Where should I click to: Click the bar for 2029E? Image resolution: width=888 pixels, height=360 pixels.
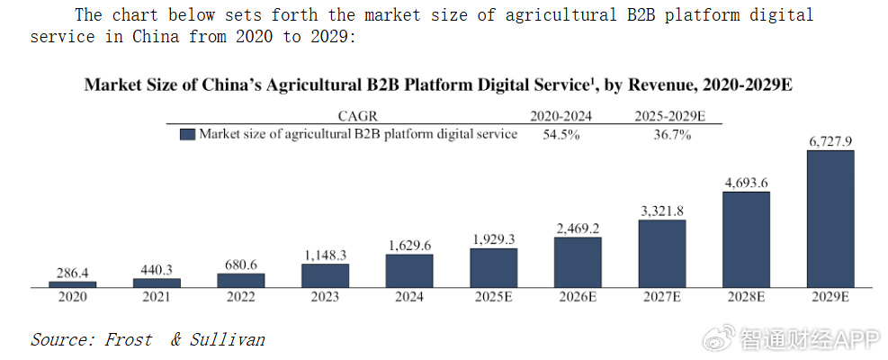click(830, 219)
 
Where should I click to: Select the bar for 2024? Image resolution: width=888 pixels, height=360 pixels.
click(409, 271)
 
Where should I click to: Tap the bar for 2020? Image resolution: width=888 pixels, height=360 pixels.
click(73, 284)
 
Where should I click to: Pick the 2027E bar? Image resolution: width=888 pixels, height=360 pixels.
click(662, 254)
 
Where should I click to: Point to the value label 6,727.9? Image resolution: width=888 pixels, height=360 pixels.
click(830, 142)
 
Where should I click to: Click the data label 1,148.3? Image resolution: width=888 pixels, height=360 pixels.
click(325, 256)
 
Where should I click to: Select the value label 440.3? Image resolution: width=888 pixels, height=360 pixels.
click(157, 270)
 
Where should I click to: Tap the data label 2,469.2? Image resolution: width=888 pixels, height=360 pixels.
click(578, 229)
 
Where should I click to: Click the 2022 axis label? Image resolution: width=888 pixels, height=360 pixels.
click(241, 297)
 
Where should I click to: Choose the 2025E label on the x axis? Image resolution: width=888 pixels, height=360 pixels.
click(493, 297)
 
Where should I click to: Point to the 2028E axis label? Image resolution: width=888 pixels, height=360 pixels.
click(747, 297)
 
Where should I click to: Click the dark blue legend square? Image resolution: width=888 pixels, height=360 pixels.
click(187, 134)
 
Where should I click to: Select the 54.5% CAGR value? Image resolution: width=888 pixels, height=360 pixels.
click(561, 135)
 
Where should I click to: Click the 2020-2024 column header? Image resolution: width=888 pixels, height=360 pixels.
click(561, 117)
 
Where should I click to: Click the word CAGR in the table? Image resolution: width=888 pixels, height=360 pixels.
click(357, 117)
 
